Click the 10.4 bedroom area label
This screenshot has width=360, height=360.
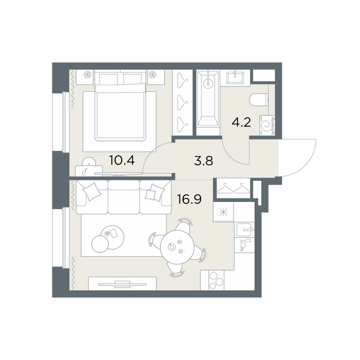(122, 160)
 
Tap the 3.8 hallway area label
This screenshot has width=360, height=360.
(204, 161)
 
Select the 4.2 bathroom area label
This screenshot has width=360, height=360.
(241, 122)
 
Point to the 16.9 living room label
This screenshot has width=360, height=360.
(189, 199)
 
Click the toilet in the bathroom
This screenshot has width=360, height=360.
(259, 100)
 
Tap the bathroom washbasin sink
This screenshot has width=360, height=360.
(235, 77)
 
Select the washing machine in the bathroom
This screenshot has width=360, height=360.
(267, 125)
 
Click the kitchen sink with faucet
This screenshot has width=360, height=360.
(245, 230)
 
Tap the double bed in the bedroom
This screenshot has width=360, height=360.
(121, 106)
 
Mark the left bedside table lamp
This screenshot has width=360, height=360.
(87, 74)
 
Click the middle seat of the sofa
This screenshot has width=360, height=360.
(123, 197)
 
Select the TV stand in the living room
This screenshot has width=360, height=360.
(122, 284)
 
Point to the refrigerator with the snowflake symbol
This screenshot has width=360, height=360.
(223, 211)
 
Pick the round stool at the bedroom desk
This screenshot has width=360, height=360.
(89, 162)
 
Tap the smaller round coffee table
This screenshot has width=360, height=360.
(100, 244)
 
